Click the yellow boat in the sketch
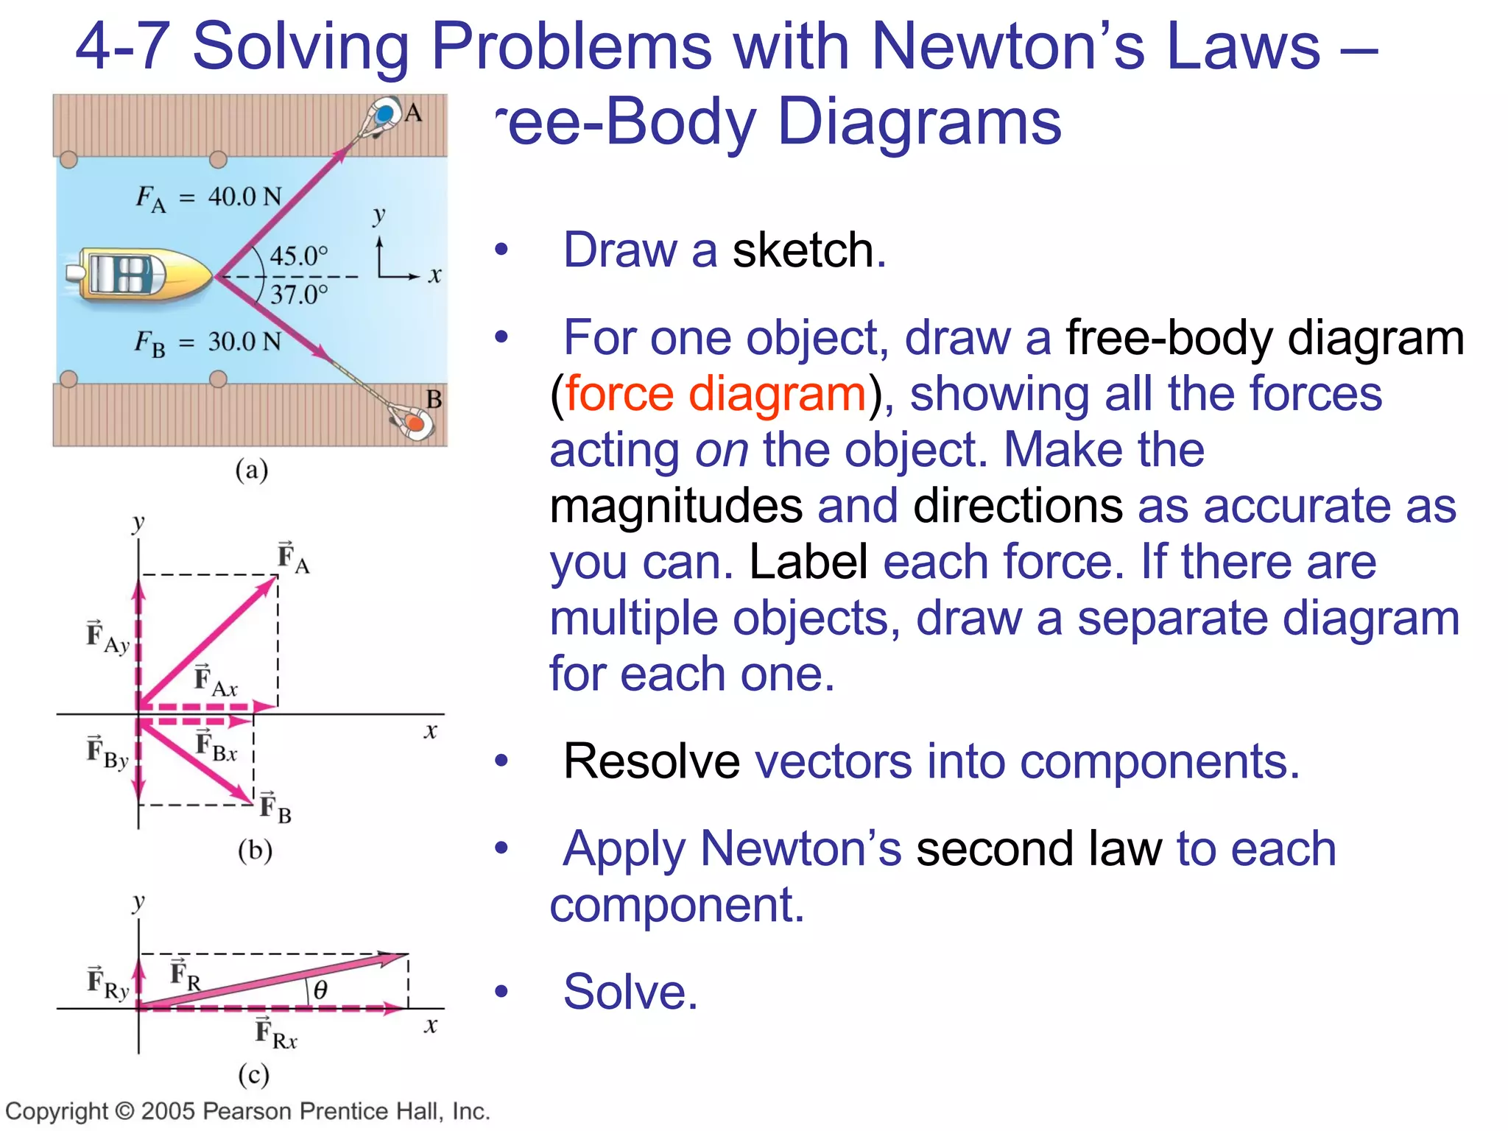tap(140, 275)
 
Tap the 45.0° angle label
tap(298, 256)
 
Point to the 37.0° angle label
tap(298, 295)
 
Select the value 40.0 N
tap(244, 197)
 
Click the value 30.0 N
tap(244, 342)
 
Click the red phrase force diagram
tap(715, 393)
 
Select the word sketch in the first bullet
tap(808, 250)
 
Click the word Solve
tap(630, 992)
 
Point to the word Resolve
tap(651, 761)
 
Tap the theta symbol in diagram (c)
tap(320, 990)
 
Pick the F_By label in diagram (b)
tap(108, 753)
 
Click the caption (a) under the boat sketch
tap(252, 470)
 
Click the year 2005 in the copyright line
tap(169, 1111)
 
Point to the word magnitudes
tap(676, 506)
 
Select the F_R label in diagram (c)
tap(185, 976)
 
